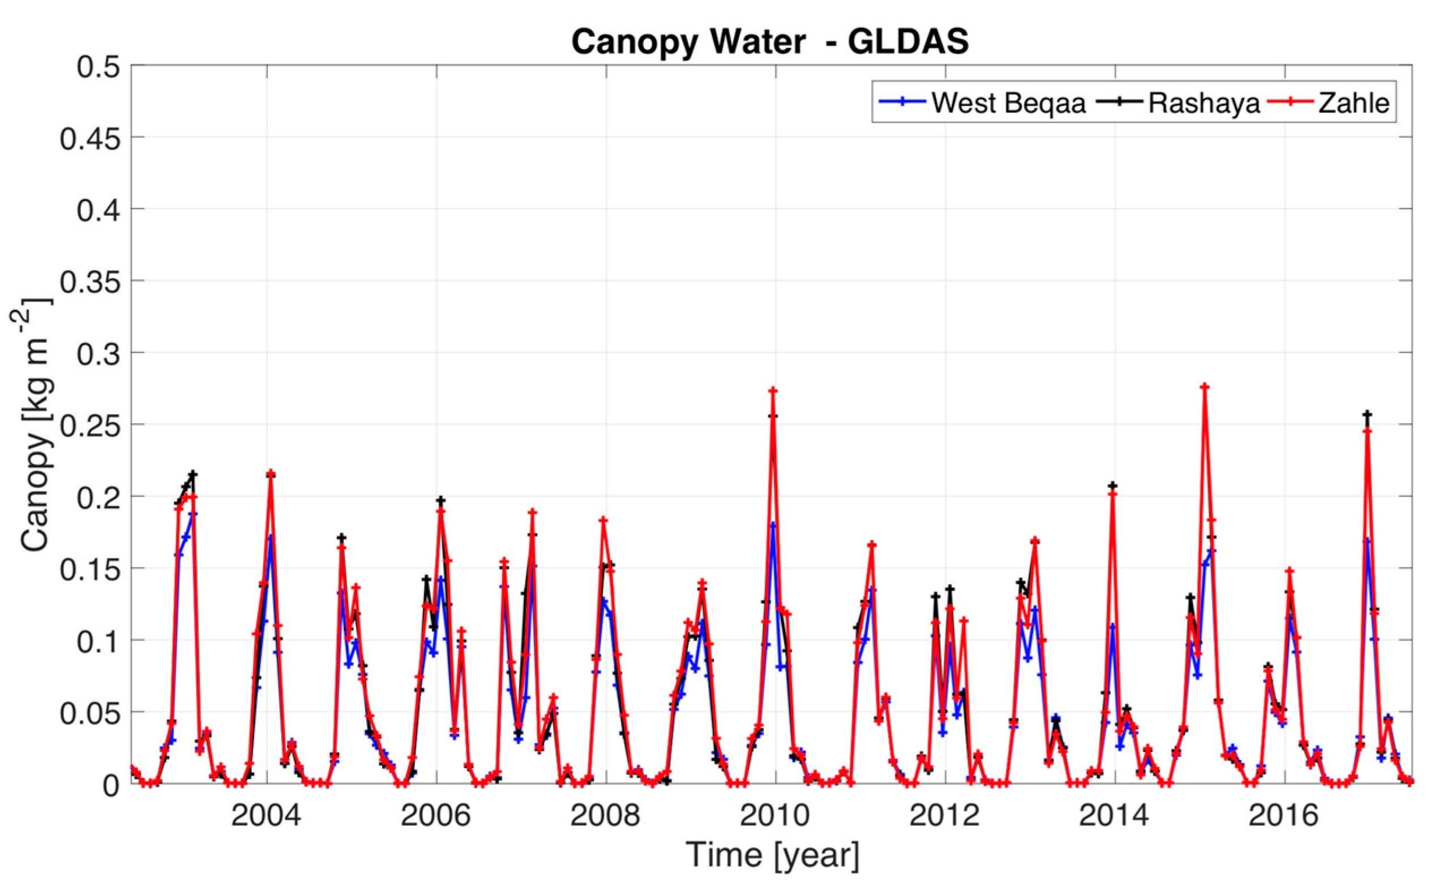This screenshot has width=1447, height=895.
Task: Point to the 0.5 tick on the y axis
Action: click(98, 67)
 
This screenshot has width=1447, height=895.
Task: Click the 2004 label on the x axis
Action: click(266, 816)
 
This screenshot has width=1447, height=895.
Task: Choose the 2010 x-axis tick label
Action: click(774, 816)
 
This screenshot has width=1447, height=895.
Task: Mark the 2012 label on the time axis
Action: click(944, 816)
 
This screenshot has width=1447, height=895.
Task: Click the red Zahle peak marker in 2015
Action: click(1205, 387)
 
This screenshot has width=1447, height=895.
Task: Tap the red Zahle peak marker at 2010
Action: click(773, 391)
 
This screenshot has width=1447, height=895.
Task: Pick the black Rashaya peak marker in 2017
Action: click(1367, 414)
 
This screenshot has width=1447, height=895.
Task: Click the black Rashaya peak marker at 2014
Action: click(1113, 486)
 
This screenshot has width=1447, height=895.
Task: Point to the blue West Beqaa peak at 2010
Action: click(773, 525)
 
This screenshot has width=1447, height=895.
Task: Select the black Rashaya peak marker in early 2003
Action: click(193, 474)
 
